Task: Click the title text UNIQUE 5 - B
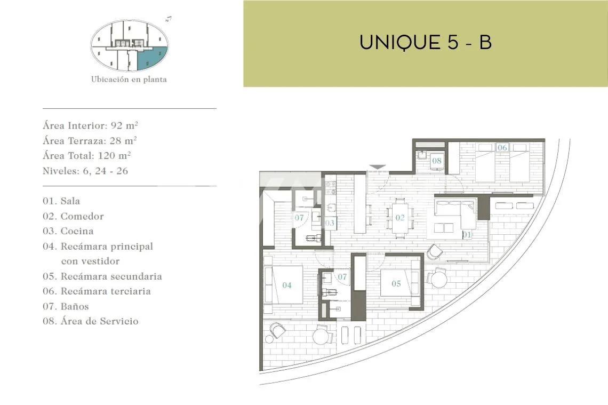(426, 42)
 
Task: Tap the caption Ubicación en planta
(129, 79)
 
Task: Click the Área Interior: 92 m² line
(90, 126)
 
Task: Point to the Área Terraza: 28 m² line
(90, 140)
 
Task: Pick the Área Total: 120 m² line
(86, 156)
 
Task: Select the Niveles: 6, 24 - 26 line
(85, 171)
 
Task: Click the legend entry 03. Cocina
(68, 231)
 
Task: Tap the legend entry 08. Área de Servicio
(90, 321)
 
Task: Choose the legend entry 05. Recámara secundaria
(102, 276)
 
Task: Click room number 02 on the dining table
(400, 218)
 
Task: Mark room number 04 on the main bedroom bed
(287, 285)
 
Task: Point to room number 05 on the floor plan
(396, 283)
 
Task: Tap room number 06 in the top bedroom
(502, 147)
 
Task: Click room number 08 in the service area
(437, 161)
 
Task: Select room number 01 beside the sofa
(467, 234)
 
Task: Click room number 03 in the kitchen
(330, 223)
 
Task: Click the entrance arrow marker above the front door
(377, 167)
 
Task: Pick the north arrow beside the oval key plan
(169, 19)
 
